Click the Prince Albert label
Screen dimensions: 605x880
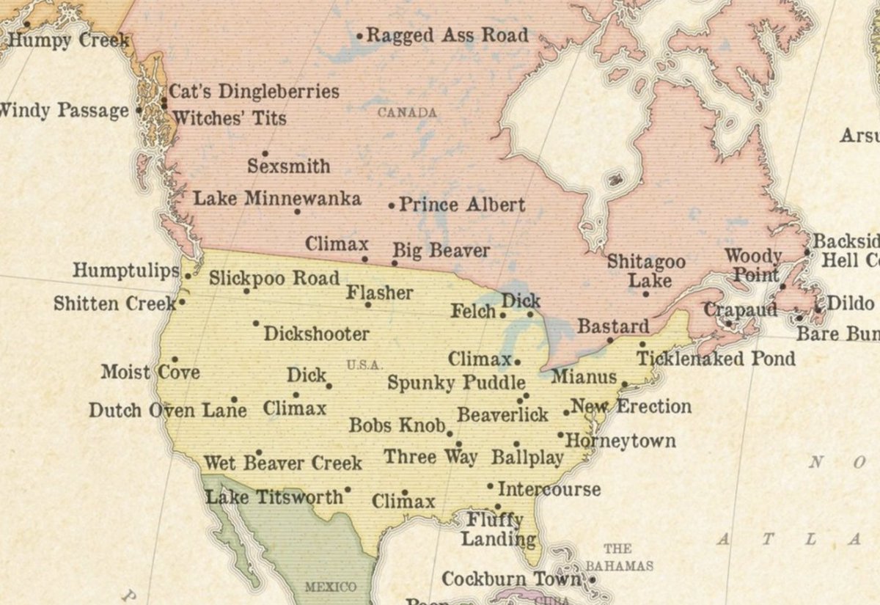pos(462,205)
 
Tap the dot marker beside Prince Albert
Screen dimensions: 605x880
pos(391,206)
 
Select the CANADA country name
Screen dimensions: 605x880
pos(407,113)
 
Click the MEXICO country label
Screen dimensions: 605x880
pos(330,587)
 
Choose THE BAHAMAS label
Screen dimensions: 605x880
pos(618,557)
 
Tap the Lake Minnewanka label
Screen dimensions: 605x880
pos(276,199)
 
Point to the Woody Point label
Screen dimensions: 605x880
pos(753,265)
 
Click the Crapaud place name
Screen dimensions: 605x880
pos(740,310)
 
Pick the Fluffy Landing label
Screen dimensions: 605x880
pos(498,529)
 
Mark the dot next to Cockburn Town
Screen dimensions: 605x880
pos(592,579)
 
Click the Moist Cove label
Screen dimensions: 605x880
pos(150,372)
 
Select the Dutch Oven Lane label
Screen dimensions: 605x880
pos(167,410)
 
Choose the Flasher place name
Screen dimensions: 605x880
pos(380,293)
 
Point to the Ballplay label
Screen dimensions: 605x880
pos(527,458)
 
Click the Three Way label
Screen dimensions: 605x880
pos(430,457)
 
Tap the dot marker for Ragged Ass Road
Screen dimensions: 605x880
pos(359,35)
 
